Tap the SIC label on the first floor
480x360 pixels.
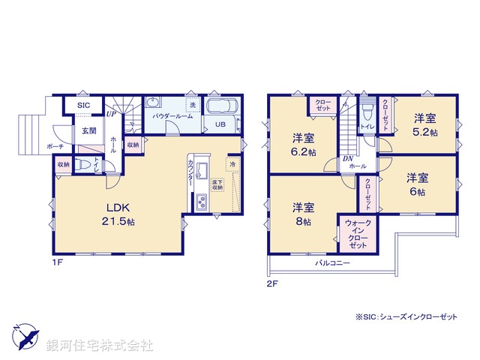point(84,106)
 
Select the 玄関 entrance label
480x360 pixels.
point(88,130)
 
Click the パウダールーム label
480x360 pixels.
point(172,116)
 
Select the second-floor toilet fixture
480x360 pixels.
point(367,113)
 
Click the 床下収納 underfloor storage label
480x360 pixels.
point(217,184)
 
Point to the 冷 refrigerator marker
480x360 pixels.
point(233,164)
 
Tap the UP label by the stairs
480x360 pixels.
point(110,115)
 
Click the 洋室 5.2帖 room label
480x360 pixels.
point(425,124)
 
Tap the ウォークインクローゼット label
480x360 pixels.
point(358,234)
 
